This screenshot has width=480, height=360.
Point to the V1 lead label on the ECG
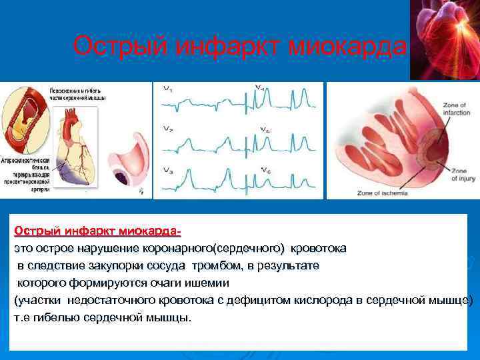click(x=167, y=88)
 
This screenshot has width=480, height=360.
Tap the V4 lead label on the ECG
click(x=263, y=88)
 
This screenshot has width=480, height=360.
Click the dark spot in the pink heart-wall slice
click(x=124, y=179)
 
